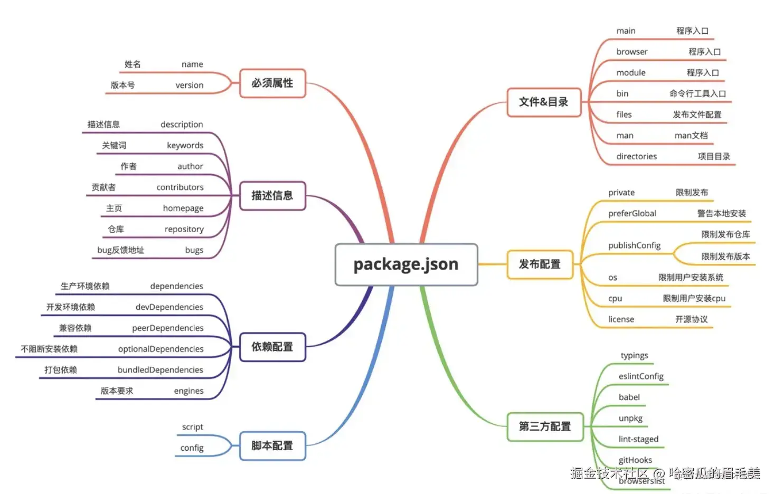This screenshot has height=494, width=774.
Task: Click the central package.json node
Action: point(405,264)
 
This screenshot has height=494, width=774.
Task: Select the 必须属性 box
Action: point(272,83)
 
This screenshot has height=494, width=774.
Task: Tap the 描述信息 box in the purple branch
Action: point(272,196)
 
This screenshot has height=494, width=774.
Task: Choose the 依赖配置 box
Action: point(272,347)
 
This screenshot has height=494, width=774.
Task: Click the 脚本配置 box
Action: point(272,446)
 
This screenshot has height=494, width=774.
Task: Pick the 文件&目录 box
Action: point(543,102)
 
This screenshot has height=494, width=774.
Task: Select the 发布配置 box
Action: point(540,264)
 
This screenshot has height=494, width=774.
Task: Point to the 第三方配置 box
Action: point(544,426)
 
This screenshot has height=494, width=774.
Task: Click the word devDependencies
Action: point(169,307)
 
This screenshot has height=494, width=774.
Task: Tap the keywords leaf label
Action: point(185,146)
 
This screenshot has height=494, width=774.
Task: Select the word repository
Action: point(184,229)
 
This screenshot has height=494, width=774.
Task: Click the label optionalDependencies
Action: point(161,349)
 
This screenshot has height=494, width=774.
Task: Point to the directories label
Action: point(636,157)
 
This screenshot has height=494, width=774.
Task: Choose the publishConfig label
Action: point(634,245)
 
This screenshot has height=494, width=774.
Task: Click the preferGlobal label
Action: point(632,214)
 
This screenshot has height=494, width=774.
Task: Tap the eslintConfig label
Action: point(641,376)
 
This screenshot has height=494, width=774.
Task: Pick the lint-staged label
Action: point(638,439)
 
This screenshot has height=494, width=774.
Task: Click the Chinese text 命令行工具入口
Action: point(697,94)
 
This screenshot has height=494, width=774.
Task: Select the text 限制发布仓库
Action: point(725,234)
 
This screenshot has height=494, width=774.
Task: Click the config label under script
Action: point(192,448)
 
